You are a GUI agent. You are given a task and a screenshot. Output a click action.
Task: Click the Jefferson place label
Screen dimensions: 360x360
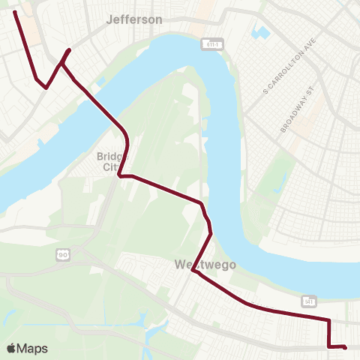click(x=135, y=19)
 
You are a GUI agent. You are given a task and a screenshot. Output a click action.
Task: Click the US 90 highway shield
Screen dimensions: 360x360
click(x=63, y=256)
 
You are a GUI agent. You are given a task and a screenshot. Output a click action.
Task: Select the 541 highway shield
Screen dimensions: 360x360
click(x=309, y=301)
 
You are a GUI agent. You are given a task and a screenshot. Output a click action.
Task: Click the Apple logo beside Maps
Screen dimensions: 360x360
click(x=11, y=348)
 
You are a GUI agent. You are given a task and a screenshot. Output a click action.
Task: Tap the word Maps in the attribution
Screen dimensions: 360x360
click(x=33, y=348)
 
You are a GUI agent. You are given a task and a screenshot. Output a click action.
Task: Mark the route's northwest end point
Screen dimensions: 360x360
click(x=15, y=12)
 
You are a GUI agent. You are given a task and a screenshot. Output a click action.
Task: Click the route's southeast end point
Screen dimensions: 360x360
click(x=344, y=346)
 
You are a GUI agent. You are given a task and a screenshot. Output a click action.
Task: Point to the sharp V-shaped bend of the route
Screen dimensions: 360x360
click(x=46, y=87)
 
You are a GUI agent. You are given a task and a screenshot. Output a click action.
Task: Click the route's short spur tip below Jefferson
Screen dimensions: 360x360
click(x=69, y=50)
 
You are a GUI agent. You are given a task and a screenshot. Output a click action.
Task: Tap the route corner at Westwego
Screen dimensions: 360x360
click(x=193, y=271)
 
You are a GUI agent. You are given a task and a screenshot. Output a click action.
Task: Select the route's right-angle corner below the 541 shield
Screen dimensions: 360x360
click(x=329, y=321)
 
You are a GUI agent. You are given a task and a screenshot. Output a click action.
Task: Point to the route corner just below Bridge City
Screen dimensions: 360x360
click(x=119, y=176)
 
